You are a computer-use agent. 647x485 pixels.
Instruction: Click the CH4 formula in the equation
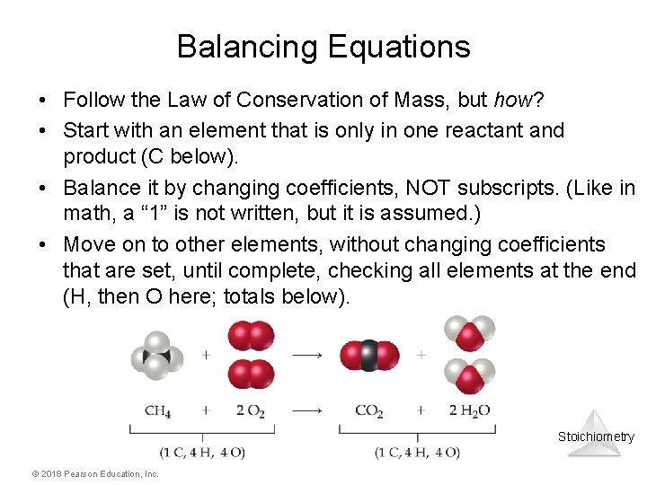pos(158,410)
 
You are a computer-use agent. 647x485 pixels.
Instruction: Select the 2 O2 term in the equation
pos(251,410)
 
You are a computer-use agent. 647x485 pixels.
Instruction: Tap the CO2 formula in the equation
pos(369,410)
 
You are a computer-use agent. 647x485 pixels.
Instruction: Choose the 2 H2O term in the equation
pos(469,410)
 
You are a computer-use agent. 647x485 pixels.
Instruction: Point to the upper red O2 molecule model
pos(252,337)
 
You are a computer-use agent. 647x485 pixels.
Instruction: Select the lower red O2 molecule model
pos(252,375)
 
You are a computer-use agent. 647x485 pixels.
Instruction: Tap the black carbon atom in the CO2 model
pos(369,356)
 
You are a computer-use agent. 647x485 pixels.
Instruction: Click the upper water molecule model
pos(469,333)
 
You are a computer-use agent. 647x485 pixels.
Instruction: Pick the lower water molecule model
pos(469,377)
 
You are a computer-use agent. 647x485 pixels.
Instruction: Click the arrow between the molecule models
pos(307,356)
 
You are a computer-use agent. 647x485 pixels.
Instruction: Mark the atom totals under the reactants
pos(202,452)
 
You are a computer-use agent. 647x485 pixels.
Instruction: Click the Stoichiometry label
pos(596,437)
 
